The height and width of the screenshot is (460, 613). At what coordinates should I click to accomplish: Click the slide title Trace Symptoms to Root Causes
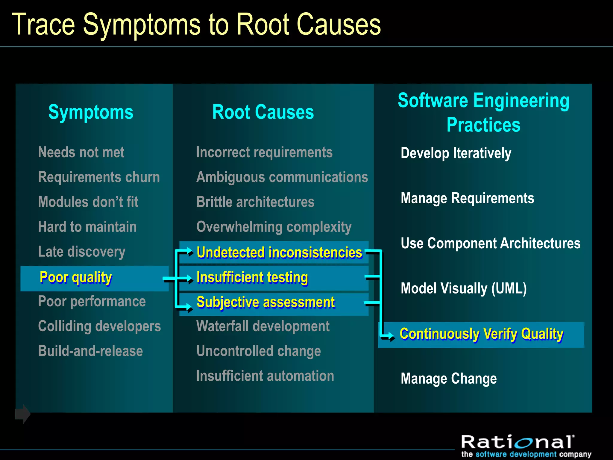coord(196,25)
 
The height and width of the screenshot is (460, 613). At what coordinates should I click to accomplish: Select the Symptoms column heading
coord(91,112)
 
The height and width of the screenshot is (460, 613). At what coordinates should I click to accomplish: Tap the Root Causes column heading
coord(263,112)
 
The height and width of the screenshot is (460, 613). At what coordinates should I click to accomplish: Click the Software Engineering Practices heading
coord(483,112)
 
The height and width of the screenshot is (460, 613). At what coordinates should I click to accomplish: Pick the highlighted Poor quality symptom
coord(76,278)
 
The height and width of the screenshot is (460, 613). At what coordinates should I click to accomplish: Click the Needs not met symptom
coord(81,152)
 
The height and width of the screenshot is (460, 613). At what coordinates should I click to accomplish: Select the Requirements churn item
coord(99,177)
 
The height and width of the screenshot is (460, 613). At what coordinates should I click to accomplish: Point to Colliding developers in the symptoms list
coord(99,326)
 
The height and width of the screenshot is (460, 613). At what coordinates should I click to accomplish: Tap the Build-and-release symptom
coord(90,351)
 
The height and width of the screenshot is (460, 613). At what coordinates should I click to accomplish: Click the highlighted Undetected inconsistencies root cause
coord(279,252)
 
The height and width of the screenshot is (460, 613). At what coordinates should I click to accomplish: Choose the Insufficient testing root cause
coord(252,278)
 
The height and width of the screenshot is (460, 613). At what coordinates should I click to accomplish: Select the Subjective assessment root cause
coord(265,302)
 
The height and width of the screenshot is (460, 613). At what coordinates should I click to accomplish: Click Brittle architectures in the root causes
coord(255,202)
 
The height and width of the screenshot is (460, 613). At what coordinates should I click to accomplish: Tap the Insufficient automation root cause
coord(265,376)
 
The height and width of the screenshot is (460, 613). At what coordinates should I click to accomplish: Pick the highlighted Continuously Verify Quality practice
coord(481,334)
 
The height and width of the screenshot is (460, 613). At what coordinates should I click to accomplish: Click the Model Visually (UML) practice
coord(464,288)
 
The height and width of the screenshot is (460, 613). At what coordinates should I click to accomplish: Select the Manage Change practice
coord(448,379)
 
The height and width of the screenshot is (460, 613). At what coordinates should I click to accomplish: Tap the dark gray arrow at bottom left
coord(23,414)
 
